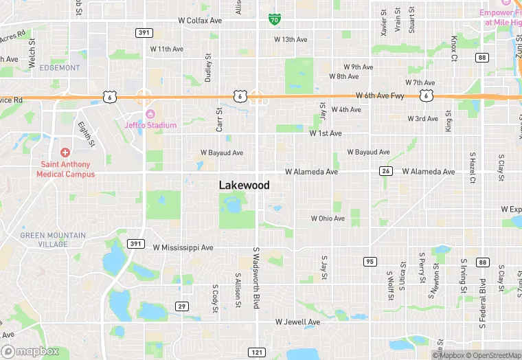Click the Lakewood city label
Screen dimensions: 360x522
point(244,185)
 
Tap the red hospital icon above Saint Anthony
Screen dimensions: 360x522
point(65,152)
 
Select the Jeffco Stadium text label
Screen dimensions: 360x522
point(150,125)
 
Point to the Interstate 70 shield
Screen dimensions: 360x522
point(274,20)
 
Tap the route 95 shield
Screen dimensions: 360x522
point(370,262)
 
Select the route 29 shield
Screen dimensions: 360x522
point(181,306)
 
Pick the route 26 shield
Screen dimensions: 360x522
point(386,171)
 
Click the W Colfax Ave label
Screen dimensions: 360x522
point(200,21)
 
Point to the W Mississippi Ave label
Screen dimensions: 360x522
point(183,247)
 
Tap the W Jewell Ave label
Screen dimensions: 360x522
point(297,322)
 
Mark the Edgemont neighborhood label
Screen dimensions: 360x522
point(60,67)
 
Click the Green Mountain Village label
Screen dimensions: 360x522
point(53,240)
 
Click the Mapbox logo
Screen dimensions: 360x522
point(30,351)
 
